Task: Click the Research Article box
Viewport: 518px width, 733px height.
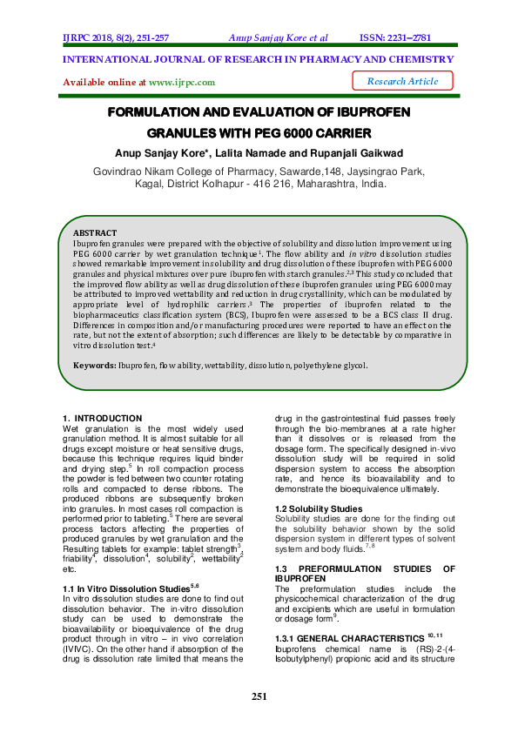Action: [402, 81]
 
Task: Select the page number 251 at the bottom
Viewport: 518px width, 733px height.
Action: [259, 696]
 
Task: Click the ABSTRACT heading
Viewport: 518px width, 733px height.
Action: [94, 234]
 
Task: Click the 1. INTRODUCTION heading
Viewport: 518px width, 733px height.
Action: [103, 419]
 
